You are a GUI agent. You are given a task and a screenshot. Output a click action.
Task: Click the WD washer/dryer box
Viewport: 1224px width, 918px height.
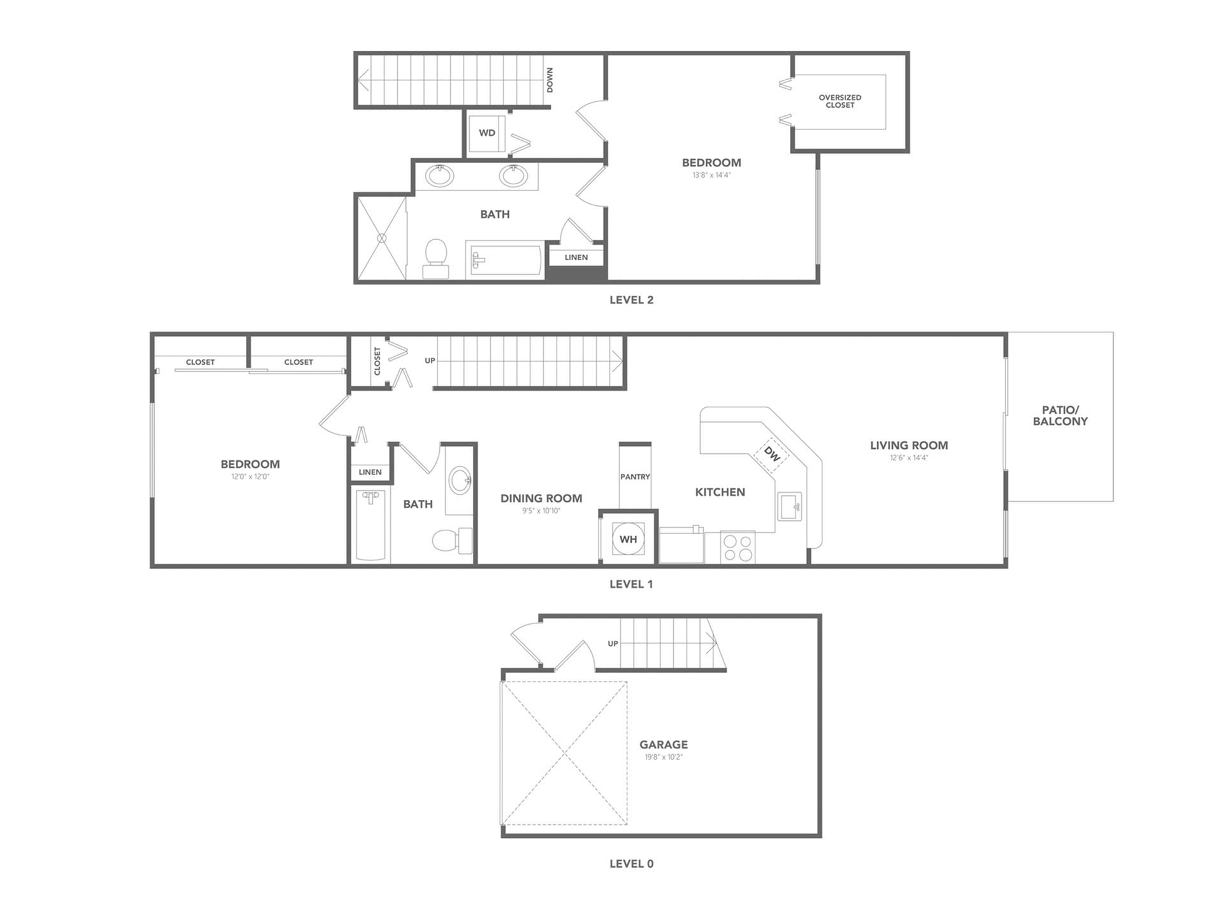[487, 133]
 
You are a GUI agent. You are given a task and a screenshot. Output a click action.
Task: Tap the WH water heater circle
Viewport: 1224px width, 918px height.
[628, 539]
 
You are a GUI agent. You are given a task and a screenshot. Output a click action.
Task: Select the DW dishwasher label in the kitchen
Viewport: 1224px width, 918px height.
[772, 455]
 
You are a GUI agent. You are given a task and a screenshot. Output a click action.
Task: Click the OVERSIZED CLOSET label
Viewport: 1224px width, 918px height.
[840, 101]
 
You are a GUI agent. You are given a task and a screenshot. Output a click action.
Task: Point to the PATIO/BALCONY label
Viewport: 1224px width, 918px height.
[1060, 416]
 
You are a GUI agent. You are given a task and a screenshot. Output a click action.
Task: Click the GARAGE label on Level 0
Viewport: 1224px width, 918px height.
[664, 745]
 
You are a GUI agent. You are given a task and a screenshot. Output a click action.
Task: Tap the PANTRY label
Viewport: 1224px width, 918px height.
[635, 477]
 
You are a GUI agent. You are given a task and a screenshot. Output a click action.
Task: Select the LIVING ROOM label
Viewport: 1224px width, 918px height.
[908, 446]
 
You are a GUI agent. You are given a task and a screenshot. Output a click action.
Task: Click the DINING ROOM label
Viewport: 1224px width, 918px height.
[541, 499]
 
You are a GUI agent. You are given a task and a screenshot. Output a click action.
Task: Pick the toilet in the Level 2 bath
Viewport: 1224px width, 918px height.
[436, 258]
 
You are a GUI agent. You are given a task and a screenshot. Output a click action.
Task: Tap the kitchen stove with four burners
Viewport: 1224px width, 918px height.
[738, 548]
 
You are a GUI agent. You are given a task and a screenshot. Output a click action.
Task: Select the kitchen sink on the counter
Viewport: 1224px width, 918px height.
[789, 507]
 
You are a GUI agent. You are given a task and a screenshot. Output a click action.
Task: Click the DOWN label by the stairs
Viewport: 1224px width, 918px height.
[550, 80]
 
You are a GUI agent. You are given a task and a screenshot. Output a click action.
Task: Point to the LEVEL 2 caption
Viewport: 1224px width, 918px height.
[631, 300]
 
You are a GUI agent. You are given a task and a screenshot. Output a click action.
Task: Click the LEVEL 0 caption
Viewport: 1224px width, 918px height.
[631, 864]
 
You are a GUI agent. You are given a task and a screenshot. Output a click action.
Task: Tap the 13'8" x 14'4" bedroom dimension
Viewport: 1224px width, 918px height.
[711, 175]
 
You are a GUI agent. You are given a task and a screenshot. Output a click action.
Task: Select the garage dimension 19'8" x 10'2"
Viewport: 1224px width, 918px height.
[664, 757]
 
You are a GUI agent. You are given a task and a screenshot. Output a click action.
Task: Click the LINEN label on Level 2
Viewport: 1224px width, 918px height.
[576, 258]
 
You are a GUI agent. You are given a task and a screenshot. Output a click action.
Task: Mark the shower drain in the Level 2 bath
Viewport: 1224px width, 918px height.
[382, 238]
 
